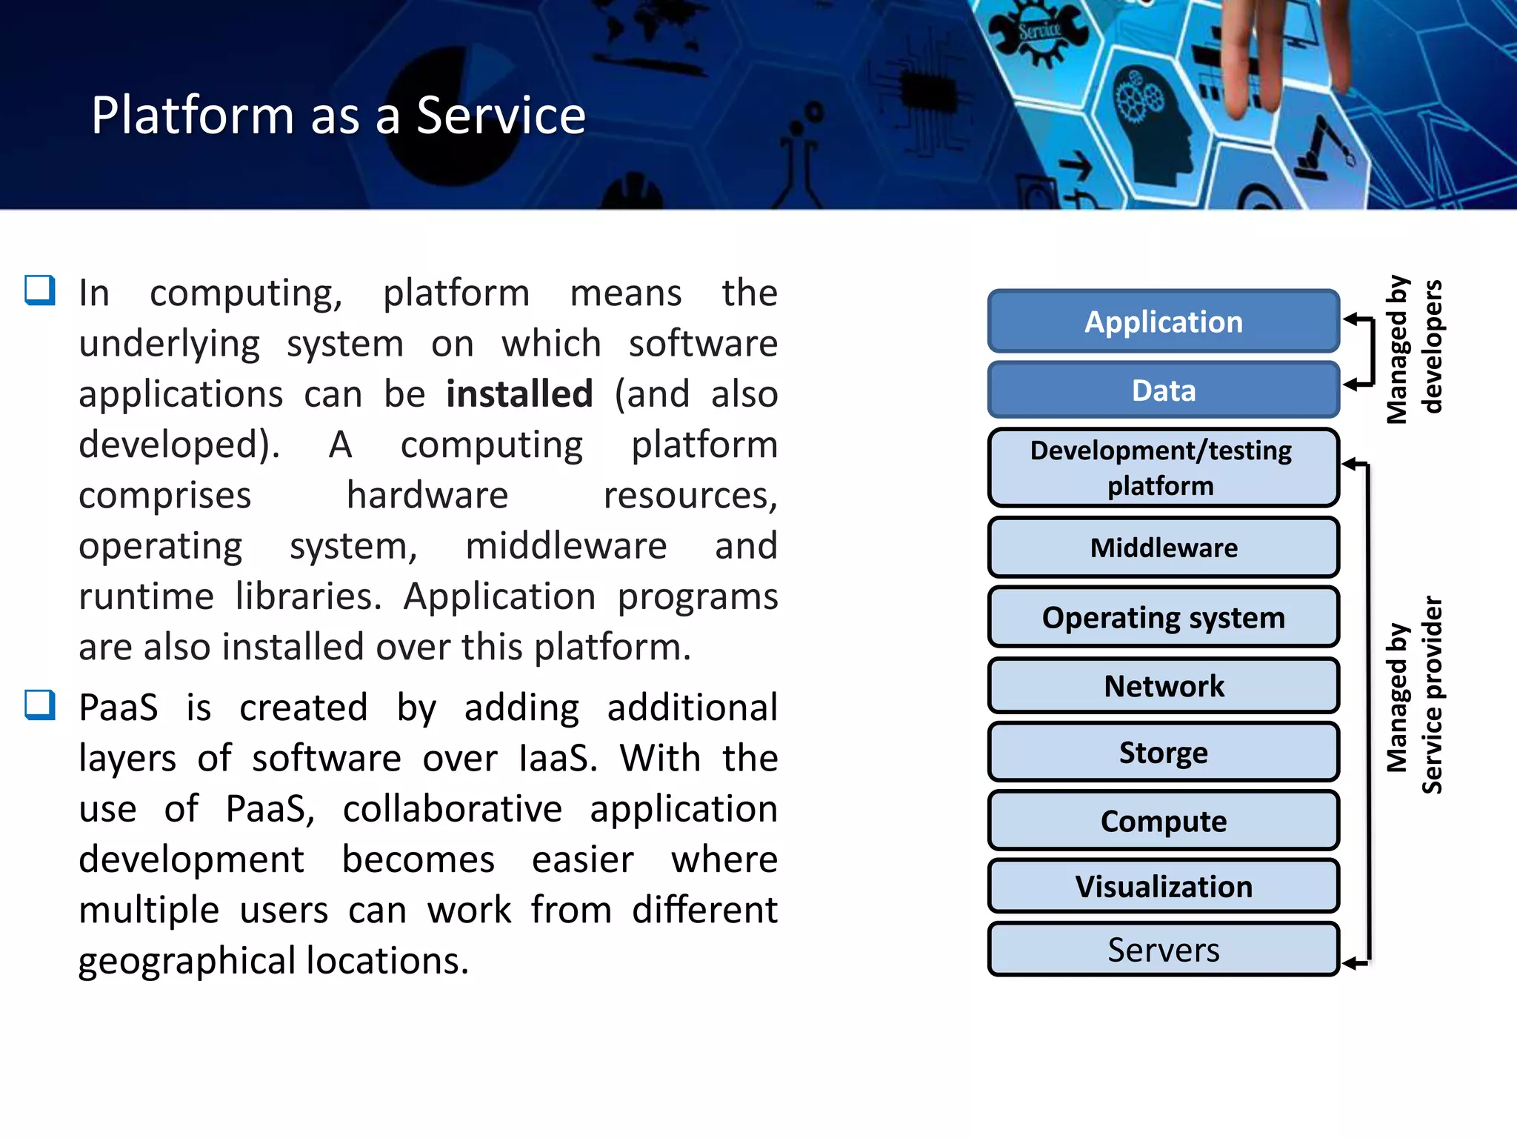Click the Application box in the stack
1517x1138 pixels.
pos(1163,322)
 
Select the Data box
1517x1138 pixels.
pos(1163,390)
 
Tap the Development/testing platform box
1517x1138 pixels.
pos(1163,467)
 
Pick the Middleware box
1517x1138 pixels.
pos(1163,548)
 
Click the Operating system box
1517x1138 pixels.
pos(1163,617)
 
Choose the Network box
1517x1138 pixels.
pos(1163,685)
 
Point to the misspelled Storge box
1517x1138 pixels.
pos(1163,752)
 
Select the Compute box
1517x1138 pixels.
pos(1163,820)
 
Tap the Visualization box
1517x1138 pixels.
pos(1163,886)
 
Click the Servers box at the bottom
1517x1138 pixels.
pos(1163,950)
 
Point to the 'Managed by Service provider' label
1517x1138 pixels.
pos(1413,696)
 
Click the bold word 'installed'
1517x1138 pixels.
pos(519,393)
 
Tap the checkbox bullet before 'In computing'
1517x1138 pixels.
pos(40,290)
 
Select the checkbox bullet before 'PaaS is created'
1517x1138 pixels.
pos(40,705)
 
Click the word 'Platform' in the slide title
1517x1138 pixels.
pos(193,116)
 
